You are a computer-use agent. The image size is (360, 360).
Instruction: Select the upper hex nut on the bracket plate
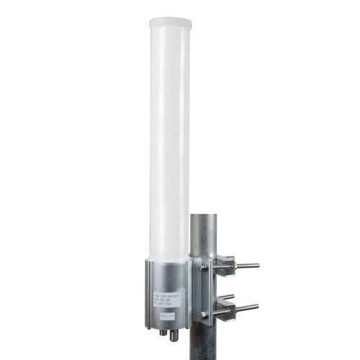tap(204, 266)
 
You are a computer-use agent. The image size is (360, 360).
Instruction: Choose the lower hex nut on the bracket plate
tap(204, 314)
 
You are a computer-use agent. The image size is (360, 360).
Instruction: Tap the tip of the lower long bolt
tap(256, 306)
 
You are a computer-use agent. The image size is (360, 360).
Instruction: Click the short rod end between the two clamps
tap(230, 296)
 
